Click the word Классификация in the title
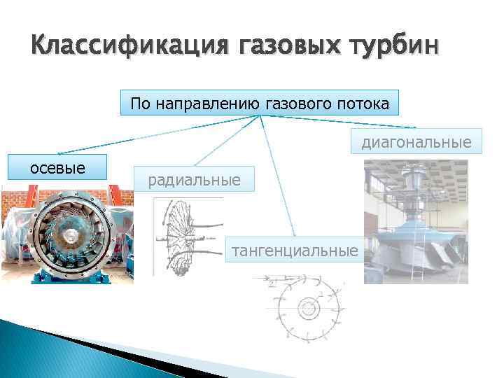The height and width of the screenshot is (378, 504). [130, 47]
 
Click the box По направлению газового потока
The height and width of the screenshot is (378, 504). [260, 104]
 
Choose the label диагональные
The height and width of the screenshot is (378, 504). [416, 143]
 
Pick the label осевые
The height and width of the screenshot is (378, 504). [56, 167]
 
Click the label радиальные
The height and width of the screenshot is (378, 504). [195, 181]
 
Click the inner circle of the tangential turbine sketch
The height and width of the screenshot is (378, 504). [308, 308]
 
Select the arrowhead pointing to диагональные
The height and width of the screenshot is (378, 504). [415, 128]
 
